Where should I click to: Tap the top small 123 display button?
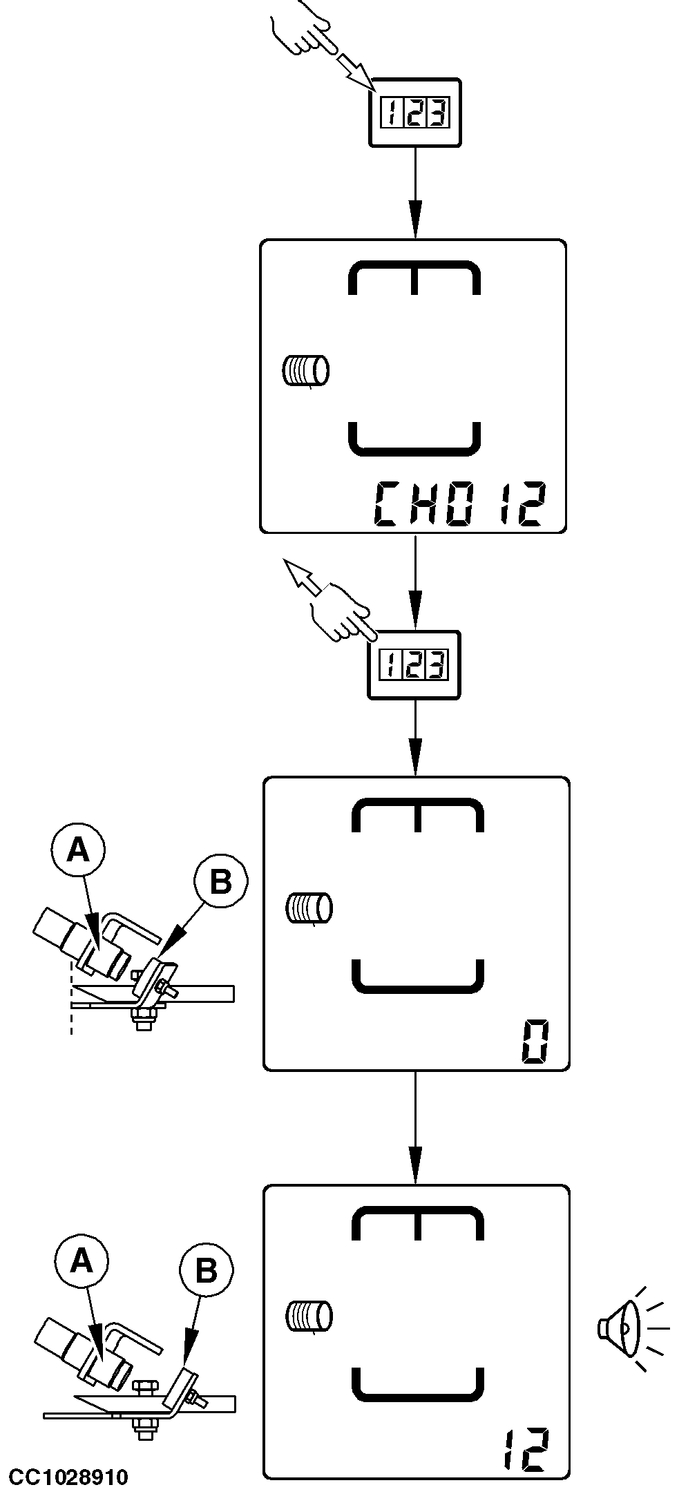pos(415,112)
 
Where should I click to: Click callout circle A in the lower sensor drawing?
pos(82,1261)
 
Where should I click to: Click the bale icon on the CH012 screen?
pos(305,370)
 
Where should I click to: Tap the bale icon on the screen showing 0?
pos(309,908)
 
